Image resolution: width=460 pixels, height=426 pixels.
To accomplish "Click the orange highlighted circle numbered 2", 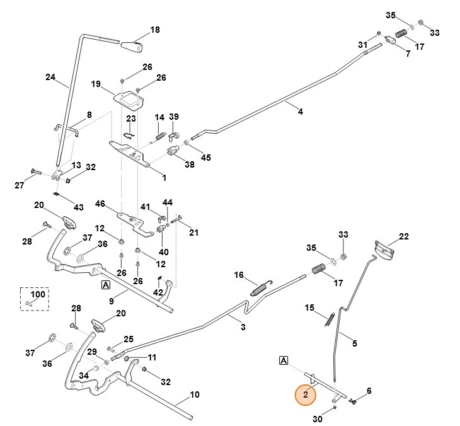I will [306, 395].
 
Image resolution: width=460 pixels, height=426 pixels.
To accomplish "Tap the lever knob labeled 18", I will [132, 47].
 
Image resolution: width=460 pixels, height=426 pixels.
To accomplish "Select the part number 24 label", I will [50, 78].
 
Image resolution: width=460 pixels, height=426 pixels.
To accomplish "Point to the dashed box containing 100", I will [33, 299].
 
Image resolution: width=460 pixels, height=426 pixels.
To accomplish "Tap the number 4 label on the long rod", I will [300, 112].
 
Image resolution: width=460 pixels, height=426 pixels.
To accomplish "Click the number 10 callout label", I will [195, 394].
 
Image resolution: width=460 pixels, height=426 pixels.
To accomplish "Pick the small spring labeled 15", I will [330, 319].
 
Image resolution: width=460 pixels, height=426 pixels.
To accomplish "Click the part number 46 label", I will [100, 204].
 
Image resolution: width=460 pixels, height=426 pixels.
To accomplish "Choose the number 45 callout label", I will [205, 158].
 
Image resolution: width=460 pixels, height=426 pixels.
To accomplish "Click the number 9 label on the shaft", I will [112, 301].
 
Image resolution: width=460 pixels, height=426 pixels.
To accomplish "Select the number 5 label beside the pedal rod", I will [354, 343].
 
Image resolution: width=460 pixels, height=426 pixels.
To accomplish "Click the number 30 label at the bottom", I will [317, 419].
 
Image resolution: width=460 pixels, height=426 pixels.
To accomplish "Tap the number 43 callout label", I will [78, 207].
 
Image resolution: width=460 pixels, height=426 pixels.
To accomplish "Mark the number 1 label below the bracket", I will [164, 178].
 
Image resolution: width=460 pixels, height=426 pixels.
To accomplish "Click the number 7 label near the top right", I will [408, 54].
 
